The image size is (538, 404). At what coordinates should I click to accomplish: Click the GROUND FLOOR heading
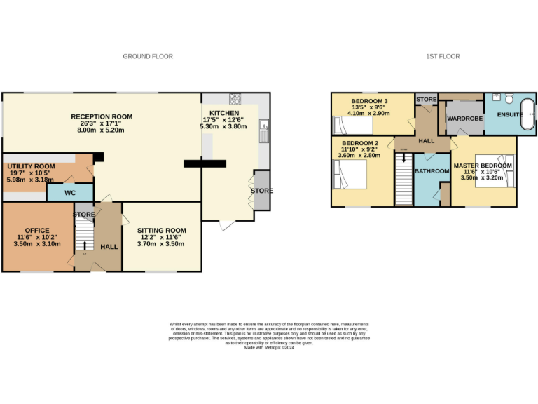148,56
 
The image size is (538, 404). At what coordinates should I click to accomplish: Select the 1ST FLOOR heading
443,56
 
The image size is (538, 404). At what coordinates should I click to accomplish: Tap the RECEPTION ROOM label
102,116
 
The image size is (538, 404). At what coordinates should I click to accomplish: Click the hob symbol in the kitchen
235,98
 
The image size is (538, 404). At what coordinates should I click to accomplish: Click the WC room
69,191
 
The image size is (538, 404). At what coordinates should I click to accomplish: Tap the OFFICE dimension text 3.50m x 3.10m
37,244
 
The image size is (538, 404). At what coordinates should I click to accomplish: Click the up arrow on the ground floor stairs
85,245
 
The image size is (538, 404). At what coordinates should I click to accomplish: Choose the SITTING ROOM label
161,230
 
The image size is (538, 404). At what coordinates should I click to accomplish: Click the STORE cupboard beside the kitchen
261,190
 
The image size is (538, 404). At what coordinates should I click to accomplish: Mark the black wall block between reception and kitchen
205,163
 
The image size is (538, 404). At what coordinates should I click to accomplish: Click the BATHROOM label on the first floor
432,170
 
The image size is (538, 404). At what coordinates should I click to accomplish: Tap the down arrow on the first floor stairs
404,156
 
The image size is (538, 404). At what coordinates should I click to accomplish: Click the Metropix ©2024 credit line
268,347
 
